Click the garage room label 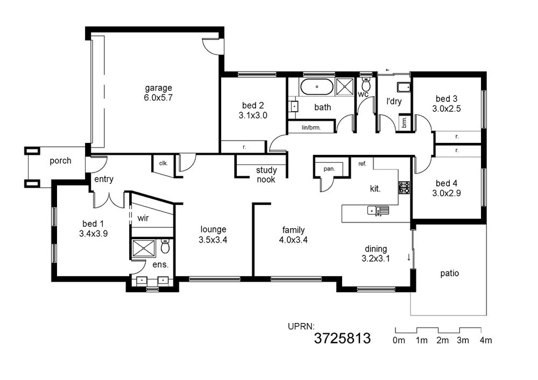pos(158,88)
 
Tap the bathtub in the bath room pos(317,87)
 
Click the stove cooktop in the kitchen pos(404,188)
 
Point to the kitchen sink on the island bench pos(378,211)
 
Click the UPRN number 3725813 pos(342,339)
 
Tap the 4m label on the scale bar pos(486,340)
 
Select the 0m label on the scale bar pos(399,340)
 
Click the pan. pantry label pos(329,169)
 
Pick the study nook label pos(266,175)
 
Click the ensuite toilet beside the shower pos(165,246)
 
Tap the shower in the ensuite pos(144,248)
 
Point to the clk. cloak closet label pos(164,163)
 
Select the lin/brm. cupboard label pos(311,128)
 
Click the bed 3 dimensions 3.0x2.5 pos(447,109)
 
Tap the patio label pos(449,274)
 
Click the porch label pos(60,161)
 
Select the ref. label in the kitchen pos(362,164)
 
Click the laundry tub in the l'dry pos(404,88)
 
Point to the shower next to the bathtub pos(344,85)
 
